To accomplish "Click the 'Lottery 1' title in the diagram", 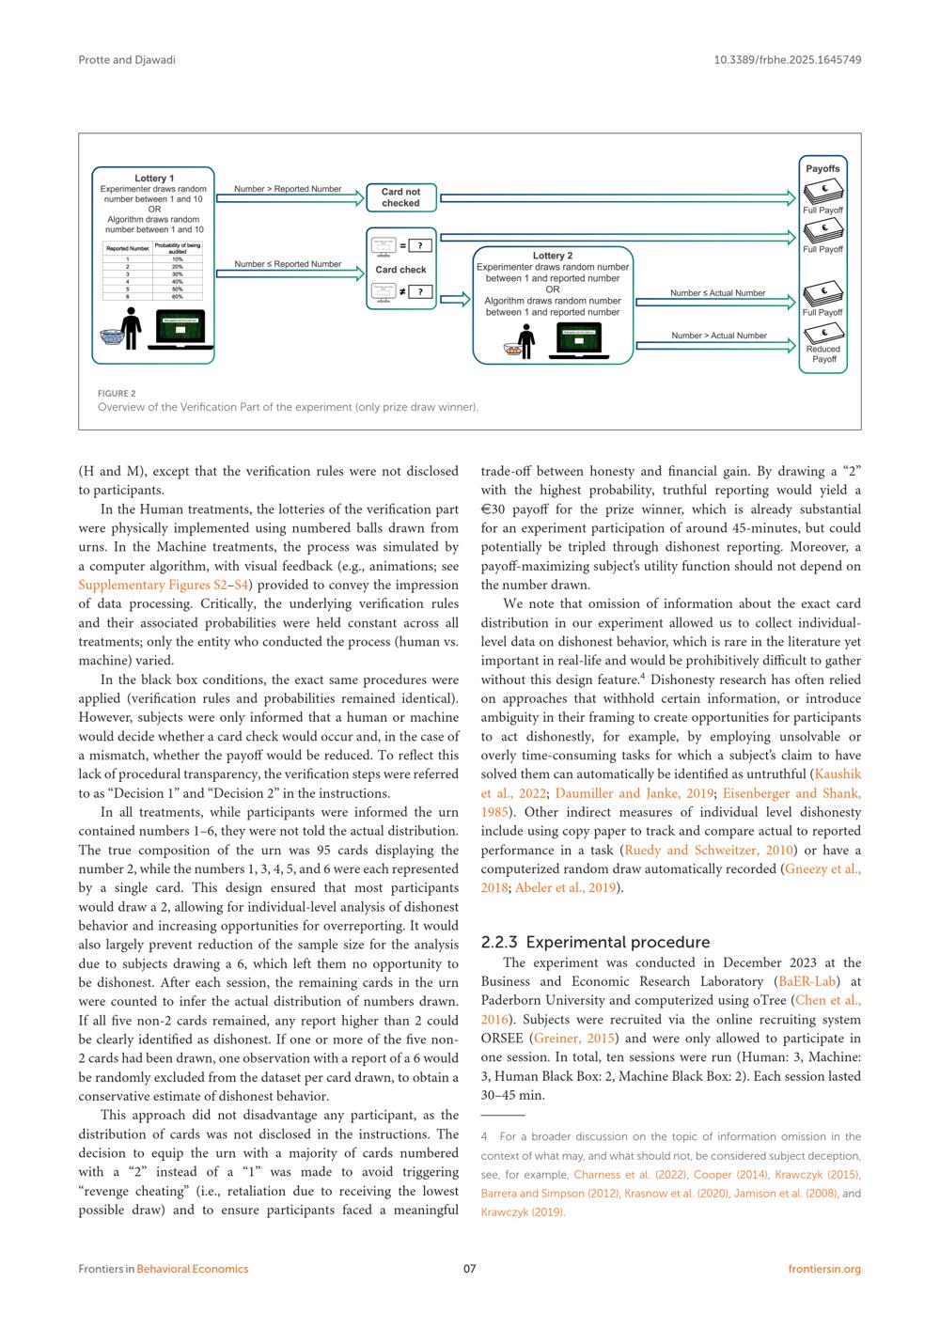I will pos(154,178).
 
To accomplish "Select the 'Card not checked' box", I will pos(400,197).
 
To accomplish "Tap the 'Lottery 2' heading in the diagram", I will pos(552,256).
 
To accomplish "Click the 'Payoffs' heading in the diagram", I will pos(822,169).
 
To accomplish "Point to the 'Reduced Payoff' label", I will pos(823,354).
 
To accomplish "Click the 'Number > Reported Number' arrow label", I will pos(288,189).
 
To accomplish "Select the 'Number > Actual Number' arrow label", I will pos(718,336).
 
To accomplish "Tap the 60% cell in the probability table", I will pos(177,296).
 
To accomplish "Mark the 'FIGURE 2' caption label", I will pos(117,394).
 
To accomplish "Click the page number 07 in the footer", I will pos(470,1269).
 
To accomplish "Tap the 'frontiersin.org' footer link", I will pos(824,1269).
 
